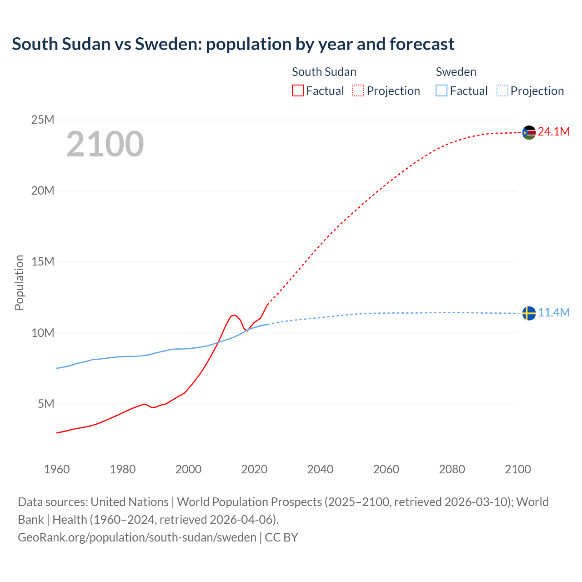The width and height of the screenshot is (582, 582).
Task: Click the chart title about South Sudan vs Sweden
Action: coord(233,44)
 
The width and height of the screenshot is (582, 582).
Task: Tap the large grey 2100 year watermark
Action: coord(105,144)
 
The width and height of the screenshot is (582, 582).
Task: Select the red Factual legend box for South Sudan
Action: coord(297,90)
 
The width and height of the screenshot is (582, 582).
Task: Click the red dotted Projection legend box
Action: coord(358,90)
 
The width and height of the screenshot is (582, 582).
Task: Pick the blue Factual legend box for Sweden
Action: coord(442,90)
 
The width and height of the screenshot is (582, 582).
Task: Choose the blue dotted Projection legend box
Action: coord(502,90)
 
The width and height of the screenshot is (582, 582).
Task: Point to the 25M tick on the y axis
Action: coord(43,120)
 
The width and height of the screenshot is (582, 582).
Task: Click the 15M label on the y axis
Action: coord(43,261)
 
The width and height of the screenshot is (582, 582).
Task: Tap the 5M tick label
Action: coord(46,404)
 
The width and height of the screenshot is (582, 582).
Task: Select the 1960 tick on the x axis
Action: coord(57,469)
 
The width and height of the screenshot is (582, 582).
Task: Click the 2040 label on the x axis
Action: coord(320,469)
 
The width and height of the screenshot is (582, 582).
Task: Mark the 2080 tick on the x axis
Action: coord(452,469)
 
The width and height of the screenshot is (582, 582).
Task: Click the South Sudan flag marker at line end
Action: coord(529,132)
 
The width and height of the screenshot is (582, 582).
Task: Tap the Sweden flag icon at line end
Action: coord(529,313)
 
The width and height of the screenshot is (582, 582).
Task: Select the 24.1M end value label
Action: coord(553,132)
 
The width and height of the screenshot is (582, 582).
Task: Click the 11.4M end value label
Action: coord(554,313)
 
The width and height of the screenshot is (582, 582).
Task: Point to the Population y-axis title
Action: coord(19,282)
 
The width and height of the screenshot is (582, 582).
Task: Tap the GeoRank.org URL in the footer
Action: coord(137,537)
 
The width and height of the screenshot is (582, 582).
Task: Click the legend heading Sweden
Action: coord(456,72)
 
